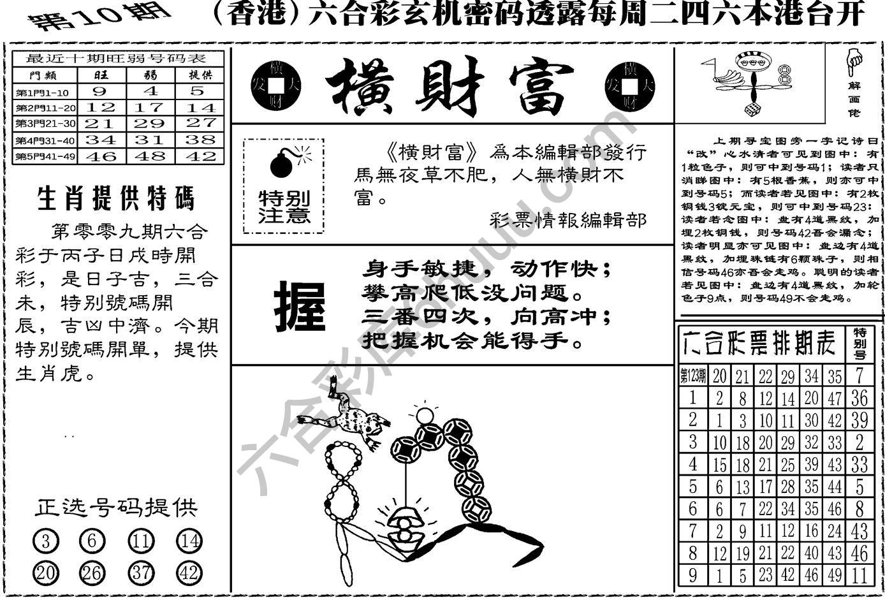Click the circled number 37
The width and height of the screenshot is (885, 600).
[x=141, y=572]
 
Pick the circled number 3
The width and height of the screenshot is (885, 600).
[x=45, y=541]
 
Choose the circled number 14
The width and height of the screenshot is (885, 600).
[x=189, y=541]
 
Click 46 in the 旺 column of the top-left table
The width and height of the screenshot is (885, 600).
[x=101, y=156]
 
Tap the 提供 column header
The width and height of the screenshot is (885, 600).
[x=200, y=75]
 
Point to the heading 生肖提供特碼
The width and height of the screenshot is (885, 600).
[x=116, y=199]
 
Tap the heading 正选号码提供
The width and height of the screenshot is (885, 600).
[x=116, y=508]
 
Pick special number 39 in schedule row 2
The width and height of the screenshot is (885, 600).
[x=859, y=420]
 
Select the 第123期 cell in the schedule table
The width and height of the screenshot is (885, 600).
[x=693, y=376]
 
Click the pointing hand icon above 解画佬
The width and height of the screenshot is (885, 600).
[x=853, y=61]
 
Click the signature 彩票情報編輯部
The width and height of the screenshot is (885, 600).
[x=568, y=220]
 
